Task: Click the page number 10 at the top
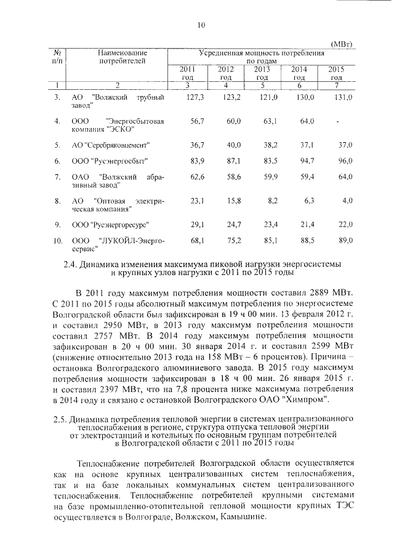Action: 201,25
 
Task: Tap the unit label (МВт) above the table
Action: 342,44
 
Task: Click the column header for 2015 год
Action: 336,73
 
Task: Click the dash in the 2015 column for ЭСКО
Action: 339,121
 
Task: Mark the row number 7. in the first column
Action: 57,177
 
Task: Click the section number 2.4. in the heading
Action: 73,263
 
